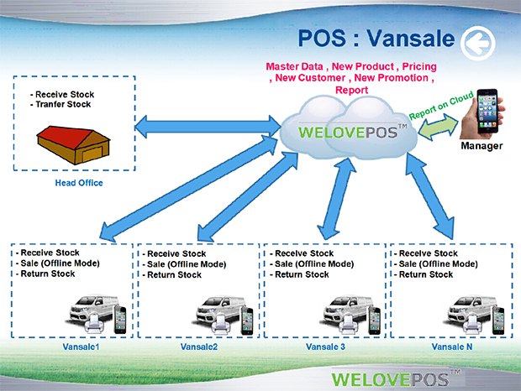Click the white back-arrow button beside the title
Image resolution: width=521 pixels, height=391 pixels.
[x=478, y=44]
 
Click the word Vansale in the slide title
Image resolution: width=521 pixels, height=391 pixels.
[x=411, y=39]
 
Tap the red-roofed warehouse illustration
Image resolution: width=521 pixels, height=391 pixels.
[x=73, y=144]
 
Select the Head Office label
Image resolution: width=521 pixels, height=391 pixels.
[x=79, y=183]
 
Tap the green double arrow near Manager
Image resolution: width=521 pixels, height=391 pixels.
[x=438, y=127]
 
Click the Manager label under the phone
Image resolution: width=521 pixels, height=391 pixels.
[x=482, y=146]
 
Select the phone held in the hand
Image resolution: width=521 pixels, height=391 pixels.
[x=487, y=111]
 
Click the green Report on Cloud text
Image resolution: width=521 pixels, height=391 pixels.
[x=441, y=106]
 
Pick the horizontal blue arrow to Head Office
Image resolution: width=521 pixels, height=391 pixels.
[x=208, y=127]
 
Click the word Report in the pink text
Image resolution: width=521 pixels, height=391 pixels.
[x=351, y=91]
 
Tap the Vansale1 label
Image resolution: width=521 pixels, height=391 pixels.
[x=81, y=347]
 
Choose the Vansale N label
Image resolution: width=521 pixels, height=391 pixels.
[x=452, y=347]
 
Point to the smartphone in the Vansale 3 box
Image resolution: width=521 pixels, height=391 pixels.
[x=374, y=320]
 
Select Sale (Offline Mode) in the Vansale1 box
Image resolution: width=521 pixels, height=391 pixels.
[x=61, y=263]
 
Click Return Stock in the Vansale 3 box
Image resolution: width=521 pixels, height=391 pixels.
[x=302, y=274]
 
